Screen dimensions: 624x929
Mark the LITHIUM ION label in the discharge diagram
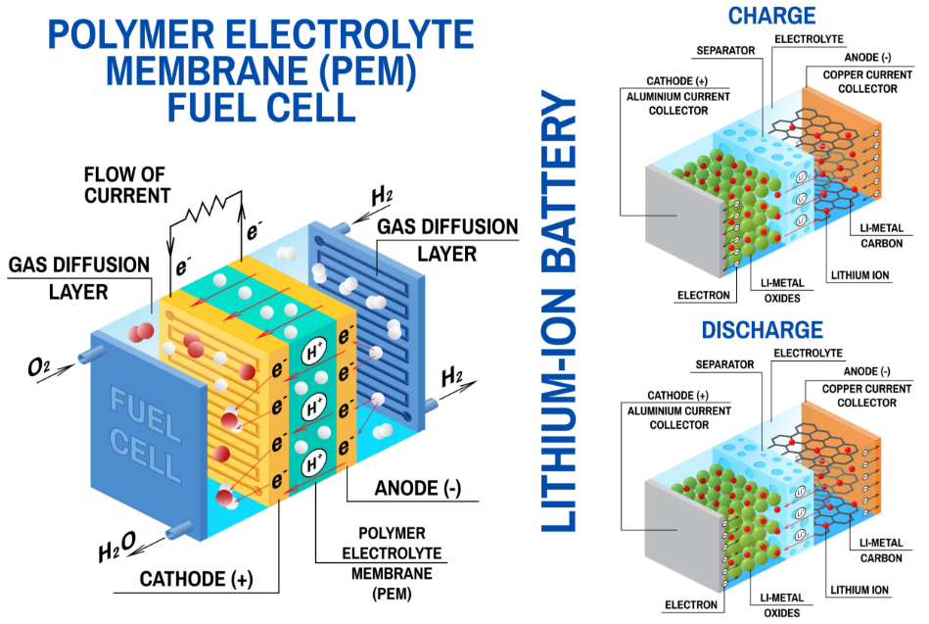[859, 590]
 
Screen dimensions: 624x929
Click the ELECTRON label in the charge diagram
[702, 294]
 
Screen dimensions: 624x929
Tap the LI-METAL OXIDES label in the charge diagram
[780, 291]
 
